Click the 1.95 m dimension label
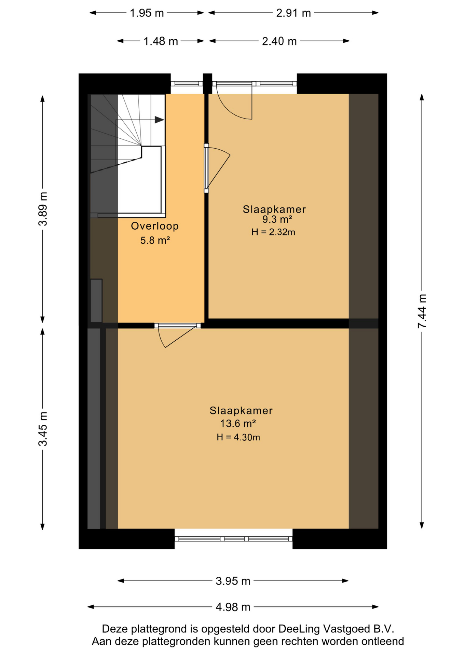point(147,13)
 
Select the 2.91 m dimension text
point(294,13)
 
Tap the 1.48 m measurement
point(161,41)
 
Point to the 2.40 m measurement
point(279,41)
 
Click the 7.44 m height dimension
point(422,311)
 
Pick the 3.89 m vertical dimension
point(43,209)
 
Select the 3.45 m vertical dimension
point(43,429)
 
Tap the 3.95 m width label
point(233,581)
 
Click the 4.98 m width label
point(233,607)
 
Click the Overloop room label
point(155,226)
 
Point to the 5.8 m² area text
point(155,240)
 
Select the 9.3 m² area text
point(277,219)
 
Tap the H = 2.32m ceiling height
point(273,232)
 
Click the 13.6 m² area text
point(238,424)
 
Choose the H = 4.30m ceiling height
point(238,437)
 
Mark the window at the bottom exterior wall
point(234,539)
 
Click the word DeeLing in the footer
point(299,629)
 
